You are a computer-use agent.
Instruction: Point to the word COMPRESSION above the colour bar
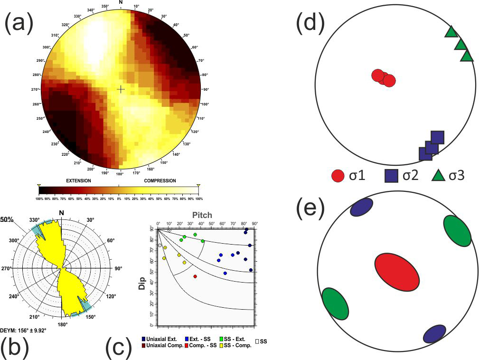[160, 181]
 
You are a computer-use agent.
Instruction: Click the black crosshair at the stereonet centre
[121, 89]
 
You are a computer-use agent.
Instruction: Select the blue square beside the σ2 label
[391, 176]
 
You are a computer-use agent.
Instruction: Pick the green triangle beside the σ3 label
[440, 176]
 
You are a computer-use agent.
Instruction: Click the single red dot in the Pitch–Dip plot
[195, 276]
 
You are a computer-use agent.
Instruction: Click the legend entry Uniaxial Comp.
[164, 345]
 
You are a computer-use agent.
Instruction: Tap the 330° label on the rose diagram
[33, 220]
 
